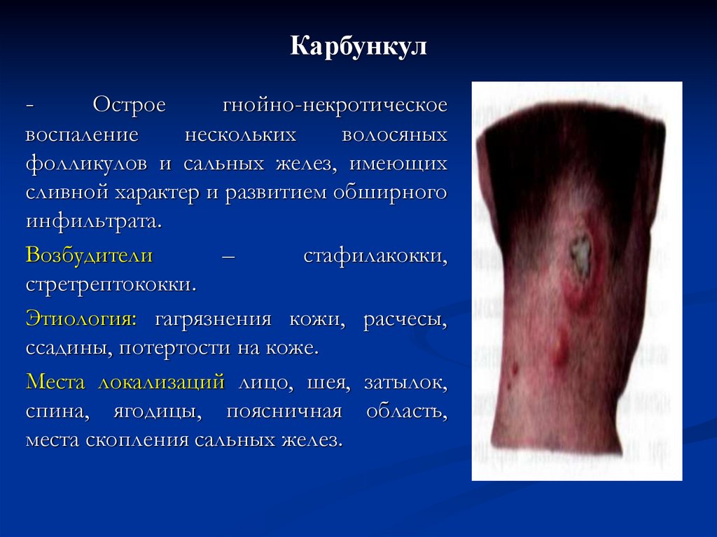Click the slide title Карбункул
tap(358, 48)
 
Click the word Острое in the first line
tap(130, 106)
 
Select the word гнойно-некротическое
tap(335, 106)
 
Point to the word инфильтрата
tap(93, 222)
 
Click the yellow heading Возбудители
tap(90, 255)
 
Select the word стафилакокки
tap(375, 255)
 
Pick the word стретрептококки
tap(111, 286)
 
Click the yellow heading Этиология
tap(81, 319)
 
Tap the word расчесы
tap(405, 319)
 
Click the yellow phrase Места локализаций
tap(125, 382)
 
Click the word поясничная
tap(284, 411)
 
